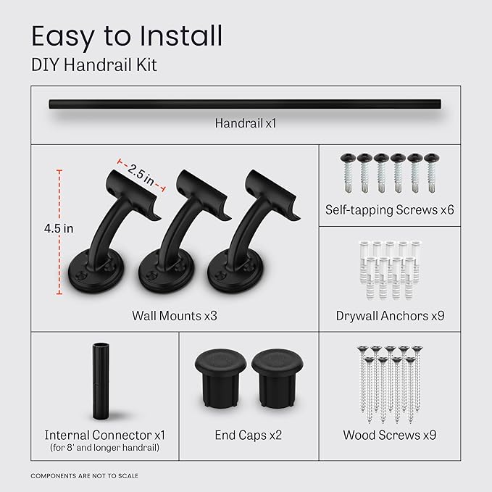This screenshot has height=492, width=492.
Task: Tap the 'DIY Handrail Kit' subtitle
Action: [x=93, y=66]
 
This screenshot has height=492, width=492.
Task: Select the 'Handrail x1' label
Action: [x=246, y=124]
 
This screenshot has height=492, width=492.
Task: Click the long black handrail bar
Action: [x=246, y=105]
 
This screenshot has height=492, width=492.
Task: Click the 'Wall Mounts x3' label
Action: [x=175, y=316]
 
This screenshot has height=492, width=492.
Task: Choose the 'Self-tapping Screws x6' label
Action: [x=389, y=209]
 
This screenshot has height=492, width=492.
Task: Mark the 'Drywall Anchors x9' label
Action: [x=389, y=316]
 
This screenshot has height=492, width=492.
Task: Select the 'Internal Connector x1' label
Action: [x=105, y=435]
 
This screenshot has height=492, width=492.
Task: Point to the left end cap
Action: [x=217, y=378]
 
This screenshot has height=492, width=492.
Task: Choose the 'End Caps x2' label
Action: [x=248, y=435]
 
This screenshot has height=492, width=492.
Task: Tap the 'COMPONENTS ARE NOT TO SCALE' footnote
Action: [x=84, y=476]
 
